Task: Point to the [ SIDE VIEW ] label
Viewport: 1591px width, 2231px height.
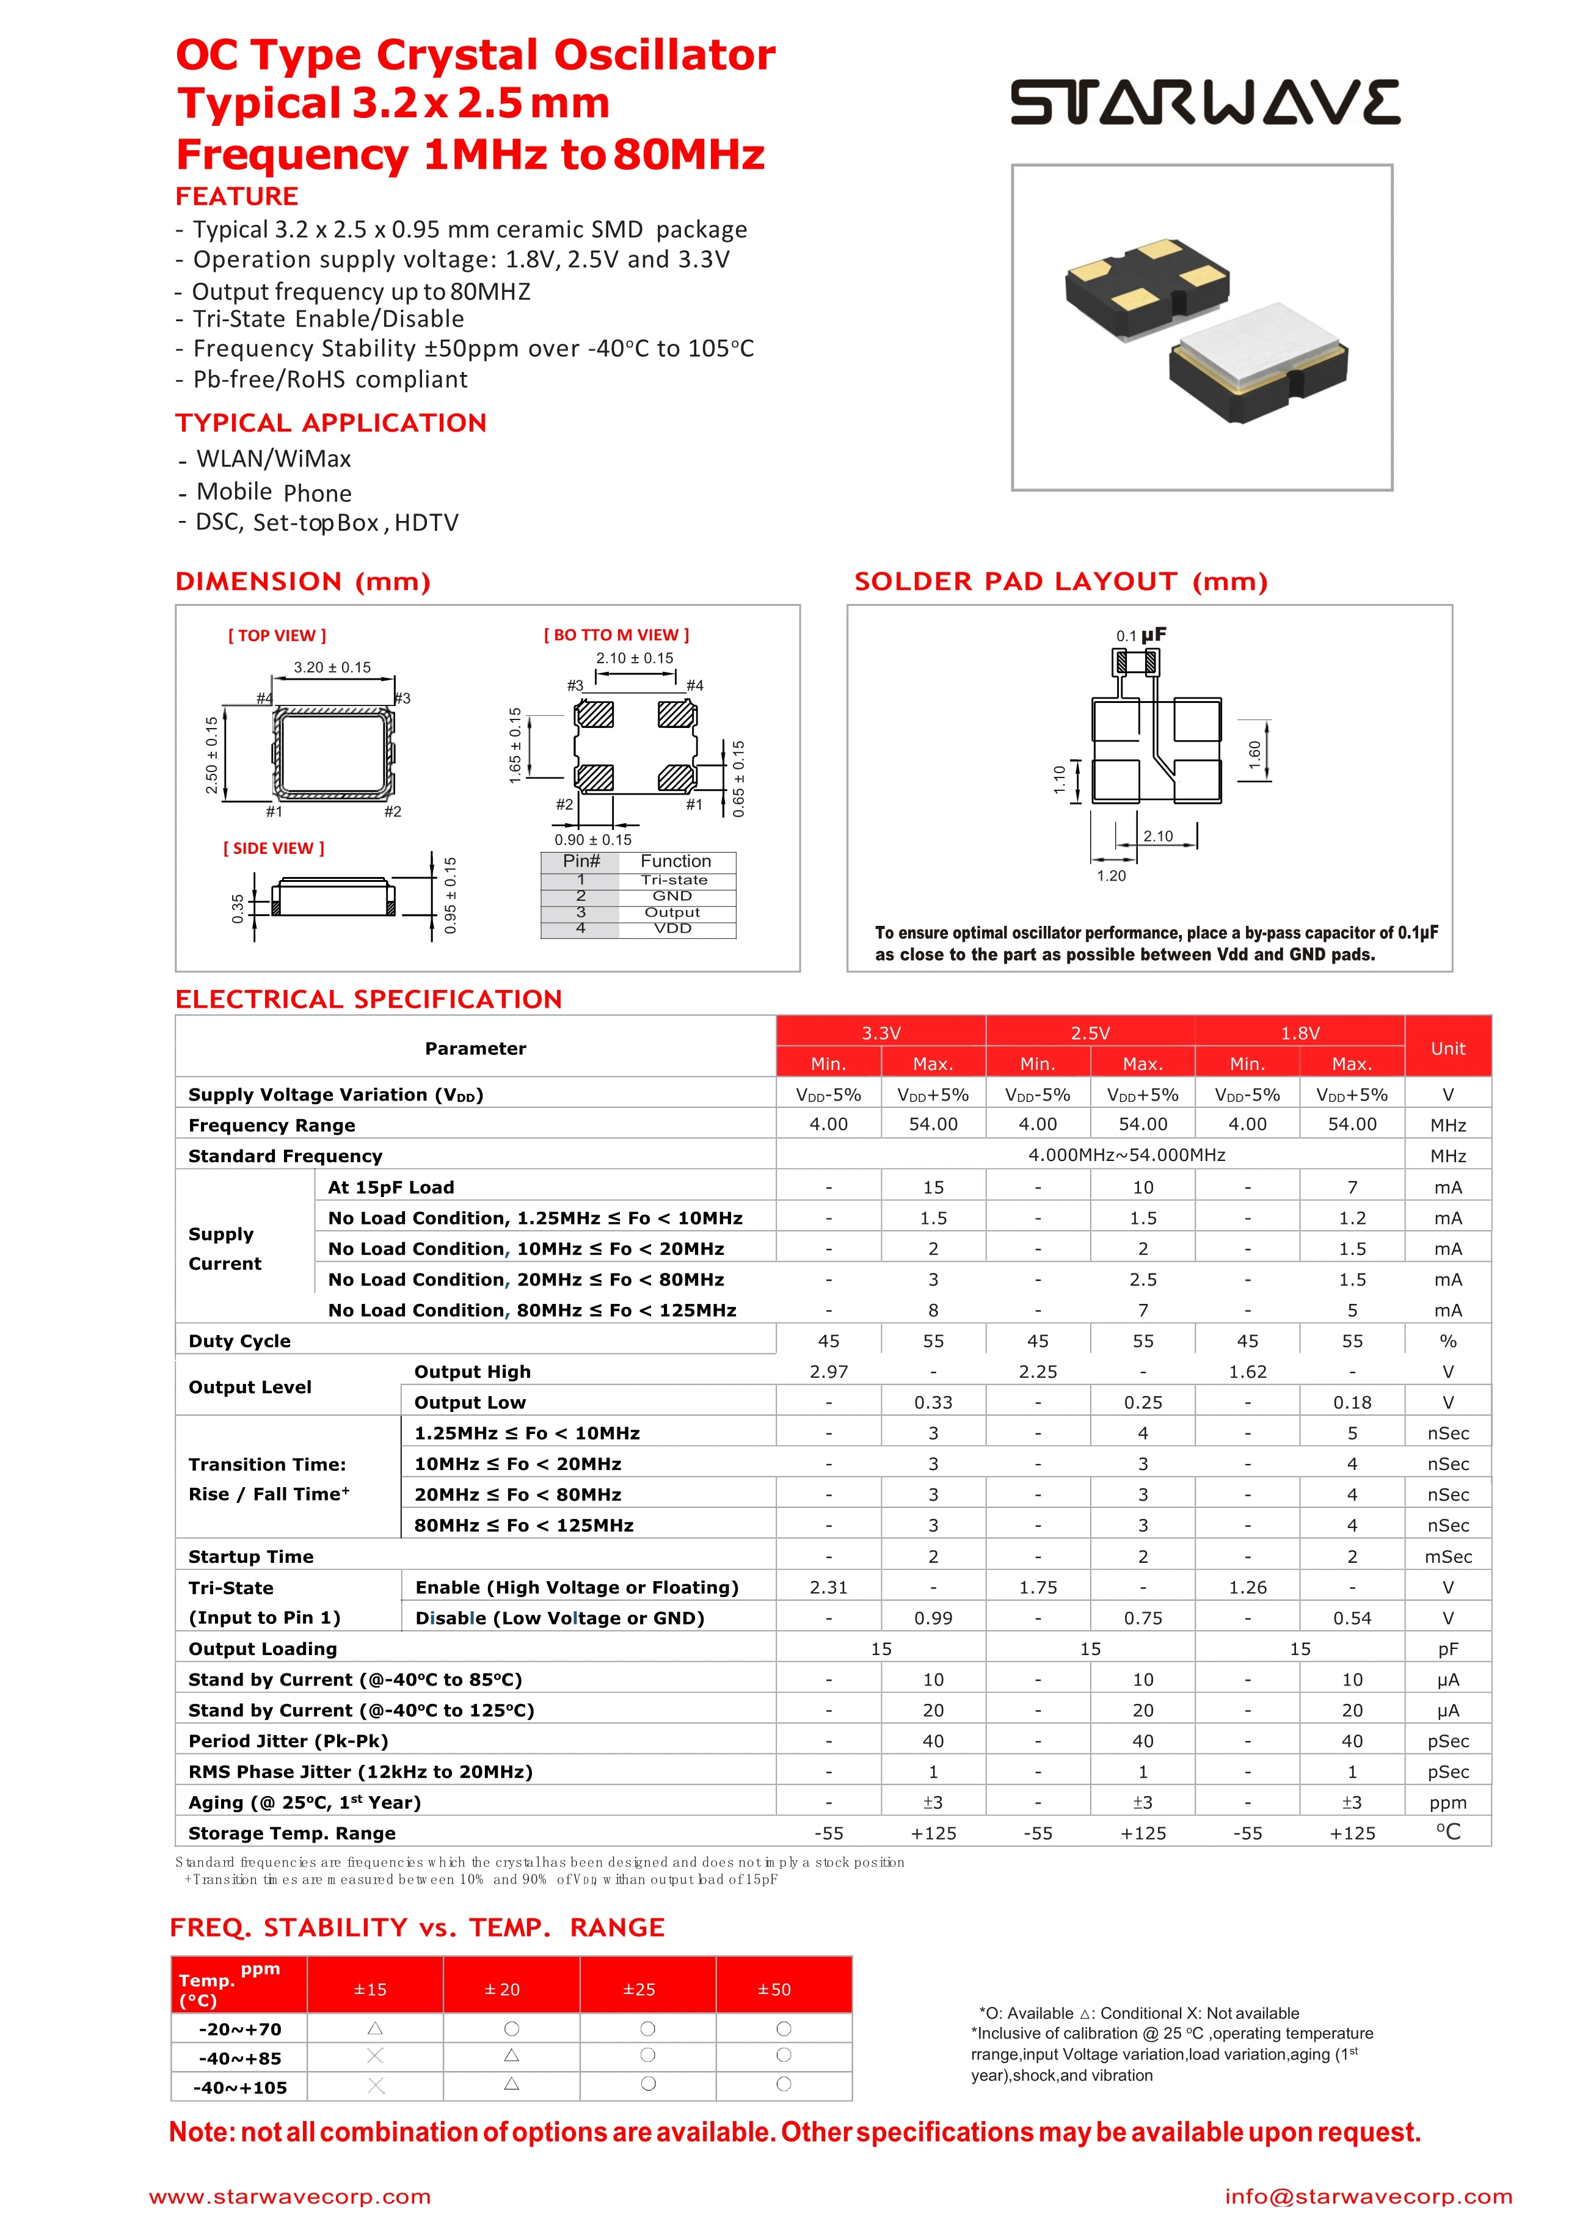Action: tap(274, 848)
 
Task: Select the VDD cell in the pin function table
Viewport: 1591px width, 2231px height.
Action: tap(673, 928)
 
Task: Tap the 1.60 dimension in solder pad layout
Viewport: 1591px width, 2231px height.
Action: tap(1254, 753)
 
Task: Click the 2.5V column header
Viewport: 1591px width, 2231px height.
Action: tap(1090, 1032)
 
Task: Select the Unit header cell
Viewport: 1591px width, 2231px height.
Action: tap(1447, 1048)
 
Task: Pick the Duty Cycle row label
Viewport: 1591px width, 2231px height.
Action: tap(240, 1341)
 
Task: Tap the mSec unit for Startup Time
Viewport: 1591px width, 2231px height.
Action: tap(1447, 1556)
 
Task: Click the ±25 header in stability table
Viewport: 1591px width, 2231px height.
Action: tap(639, 1989)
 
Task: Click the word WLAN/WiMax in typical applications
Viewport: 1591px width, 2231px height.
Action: tap(274, 458)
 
